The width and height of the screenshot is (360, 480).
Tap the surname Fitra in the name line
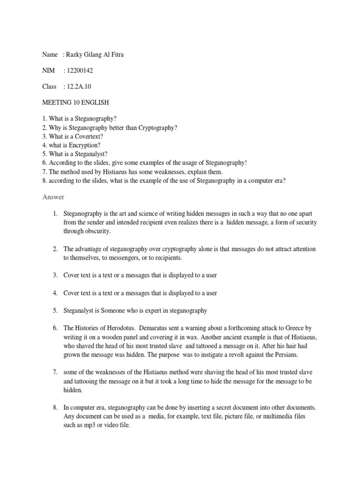[116, 55]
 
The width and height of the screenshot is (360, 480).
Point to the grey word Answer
[53, 197]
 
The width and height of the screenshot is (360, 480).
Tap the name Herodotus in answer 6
[120, 328]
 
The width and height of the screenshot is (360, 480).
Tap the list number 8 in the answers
[54, 408]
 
